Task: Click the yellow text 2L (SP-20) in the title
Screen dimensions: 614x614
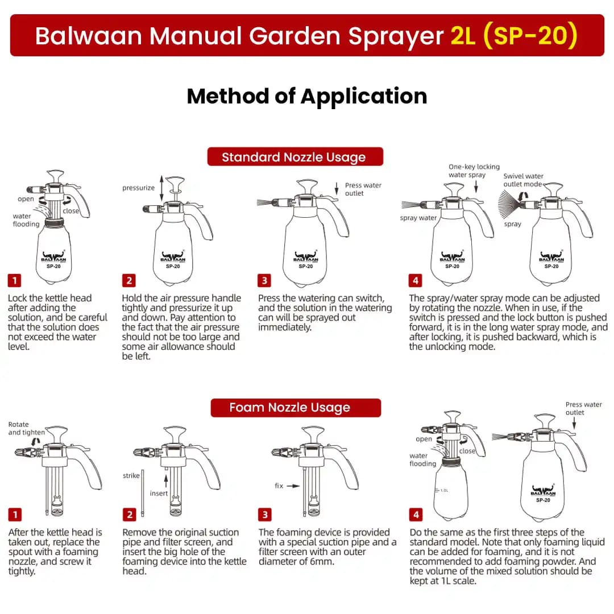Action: (x=514, y=36)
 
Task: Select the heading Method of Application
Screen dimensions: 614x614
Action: (x=307, y=96)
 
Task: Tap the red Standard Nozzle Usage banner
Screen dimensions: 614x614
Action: (x=294, y=157)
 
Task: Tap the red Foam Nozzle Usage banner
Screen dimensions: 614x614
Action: (x=295, y=408)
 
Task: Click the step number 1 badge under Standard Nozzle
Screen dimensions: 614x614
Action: (x=14, y=280)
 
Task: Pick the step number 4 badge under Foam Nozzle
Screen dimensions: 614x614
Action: (x=416, y=515)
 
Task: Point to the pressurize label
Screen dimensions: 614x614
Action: (x=138, y=188)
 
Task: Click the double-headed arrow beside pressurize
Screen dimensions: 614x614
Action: (x=161, y=186)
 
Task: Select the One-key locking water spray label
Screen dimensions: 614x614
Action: (x=474, y=171)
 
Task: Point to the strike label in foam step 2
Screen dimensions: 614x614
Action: (x=131, y=476)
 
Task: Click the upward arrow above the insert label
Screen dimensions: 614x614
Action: (x=166, y=480)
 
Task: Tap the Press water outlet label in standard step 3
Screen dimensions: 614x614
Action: (x=363, y=189)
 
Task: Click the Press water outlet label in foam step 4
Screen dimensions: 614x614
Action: (x=583, y=408)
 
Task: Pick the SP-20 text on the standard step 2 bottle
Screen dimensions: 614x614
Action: (x=173, y=265)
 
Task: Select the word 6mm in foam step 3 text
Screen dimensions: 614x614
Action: (x=322, y=561)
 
